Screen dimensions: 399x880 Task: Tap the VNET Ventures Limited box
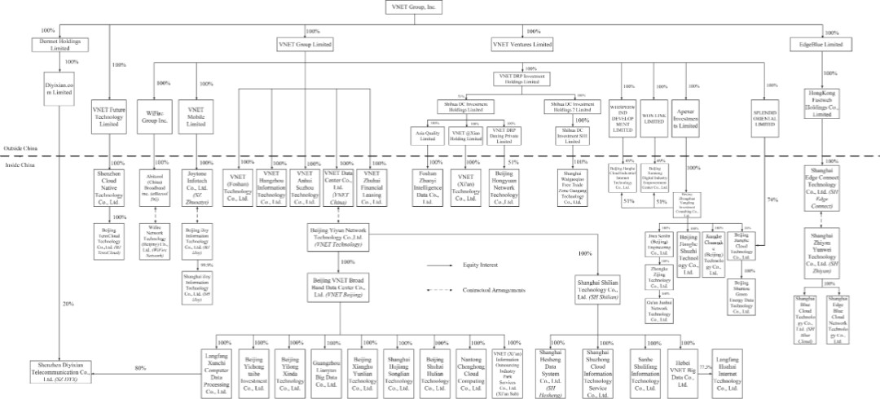point(522,43)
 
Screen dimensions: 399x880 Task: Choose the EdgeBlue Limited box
point(821,44)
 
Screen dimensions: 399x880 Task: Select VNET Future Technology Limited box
point(110,116)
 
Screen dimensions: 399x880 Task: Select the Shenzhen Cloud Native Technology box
point(110,187)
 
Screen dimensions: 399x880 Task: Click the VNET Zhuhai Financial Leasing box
point(372,186)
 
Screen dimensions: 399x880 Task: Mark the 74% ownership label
point(770,199)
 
